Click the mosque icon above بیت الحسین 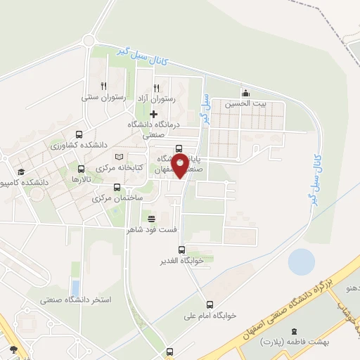[x=245, y=93]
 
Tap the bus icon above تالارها [x=82, y=169]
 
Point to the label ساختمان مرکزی [x=117, y=198]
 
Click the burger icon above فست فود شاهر [x=151, y=219]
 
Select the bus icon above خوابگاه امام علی [x=210, y=304]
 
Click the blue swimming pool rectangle [x=75, y=288]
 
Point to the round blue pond [x=301, y=262]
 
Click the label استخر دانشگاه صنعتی [x=76, y=300]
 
